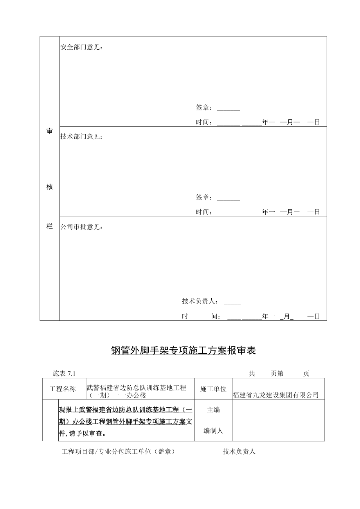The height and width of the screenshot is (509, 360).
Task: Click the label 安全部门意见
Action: [81, 47]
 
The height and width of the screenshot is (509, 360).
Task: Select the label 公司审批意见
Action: [81, 227]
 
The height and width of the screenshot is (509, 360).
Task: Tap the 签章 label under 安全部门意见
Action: [203, 108]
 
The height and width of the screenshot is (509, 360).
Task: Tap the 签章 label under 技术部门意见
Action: [203, 198]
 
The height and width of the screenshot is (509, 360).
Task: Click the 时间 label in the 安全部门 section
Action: [203, 122]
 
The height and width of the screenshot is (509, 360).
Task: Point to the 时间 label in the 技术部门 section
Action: [203, 212]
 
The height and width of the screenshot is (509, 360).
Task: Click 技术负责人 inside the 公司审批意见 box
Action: [200, 301]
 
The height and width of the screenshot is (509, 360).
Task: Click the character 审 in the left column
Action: [50, 131]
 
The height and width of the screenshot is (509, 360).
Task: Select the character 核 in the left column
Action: [50, 187]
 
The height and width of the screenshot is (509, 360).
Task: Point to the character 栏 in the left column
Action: [50, 227]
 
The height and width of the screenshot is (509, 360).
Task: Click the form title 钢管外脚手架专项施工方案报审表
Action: [183, 351]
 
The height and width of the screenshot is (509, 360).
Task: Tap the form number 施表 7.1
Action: [64, 374]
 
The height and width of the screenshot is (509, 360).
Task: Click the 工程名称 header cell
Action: [64, 389]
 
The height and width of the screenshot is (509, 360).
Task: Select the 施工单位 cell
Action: [213, 389]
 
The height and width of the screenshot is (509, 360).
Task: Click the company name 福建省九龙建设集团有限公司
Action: [276, 395]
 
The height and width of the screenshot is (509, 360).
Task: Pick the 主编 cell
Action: [213, 410]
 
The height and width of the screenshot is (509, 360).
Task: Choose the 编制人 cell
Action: [213, 431]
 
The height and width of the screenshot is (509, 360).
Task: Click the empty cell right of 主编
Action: [278, 410]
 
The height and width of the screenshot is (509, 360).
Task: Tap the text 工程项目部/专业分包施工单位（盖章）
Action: [118, 451]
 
